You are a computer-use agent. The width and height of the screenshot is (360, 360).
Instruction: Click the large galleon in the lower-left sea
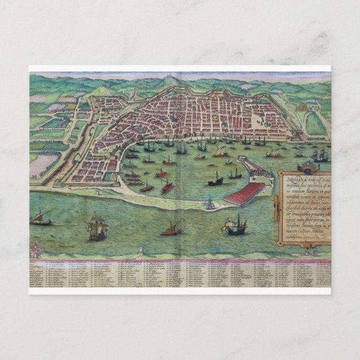click(97, 227)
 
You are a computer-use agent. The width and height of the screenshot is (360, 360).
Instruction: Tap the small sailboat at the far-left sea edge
click(40, 218)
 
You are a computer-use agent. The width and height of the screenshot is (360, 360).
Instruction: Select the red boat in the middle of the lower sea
click(172, 229)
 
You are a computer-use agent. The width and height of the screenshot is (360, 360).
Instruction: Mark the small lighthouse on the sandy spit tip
click(209, 203)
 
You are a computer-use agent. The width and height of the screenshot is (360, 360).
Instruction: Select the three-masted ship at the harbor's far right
click(320, 155)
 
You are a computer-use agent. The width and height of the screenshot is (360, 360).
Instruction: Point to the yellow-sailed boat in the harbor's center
click(220, 151)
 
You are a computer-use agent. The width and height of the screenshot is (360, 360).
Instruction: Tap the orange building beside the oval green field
click(302, 106)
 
